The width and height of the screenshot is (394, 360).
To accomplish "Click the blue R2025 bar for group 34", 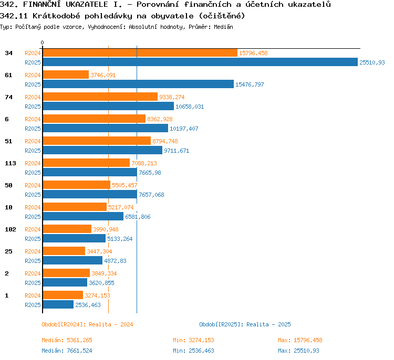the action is pos(200,62).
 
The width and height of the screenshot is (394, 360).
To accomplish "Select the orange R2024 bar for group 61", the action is pos(66,75).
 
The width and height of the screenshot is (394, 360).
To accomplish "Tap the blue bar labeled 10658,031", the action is pos(108,106).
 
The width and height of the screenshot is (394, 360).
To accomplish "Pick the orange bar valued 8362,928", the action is pos(94,119).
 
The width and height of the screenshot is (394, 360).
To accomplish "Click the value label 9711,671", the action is pos(177,151).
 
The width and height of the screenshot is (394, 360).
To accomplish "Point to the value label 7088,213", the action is pos(144,163).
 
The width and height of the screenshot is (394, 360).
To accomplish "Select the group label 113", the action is pos(11,163).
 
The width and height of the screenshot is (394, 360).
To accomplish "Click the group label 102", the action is pos(11,229).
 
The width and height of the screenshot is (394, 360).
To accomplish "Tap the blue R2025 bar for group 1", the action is pos(58,304).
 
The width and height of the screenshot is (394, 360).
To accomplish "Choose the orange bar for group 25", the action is pos(64,251).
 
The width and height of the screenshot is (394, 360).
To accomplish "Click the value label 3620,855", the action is pos(101,283).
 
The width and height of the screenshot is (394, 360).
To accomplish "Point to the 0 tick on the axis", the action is pos(42,43).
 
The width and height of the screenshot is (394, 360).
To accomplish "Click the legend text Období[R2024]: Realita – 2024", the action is pos(87,324).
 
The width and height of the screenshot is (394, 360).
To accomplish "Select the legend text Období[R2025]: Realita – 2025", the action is pos(245,324).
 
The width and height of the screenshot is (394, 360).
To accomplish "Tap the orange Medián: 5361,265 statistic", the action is pos(67,340).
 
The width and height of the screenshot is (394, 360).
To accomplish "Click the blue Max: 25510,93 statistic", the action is pos(298,351).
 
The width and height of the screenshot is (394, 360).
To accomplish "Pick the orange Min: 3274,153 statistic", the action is pos(193,340).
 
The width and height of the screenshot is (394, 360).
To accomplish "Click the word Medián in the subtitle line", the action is pos(223,27).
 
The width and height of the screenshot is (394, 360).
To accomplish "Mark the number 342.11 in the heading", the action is pos(14,16).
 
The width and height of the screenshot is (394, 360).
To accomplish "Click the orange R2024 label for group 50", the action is pos(33,185).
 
